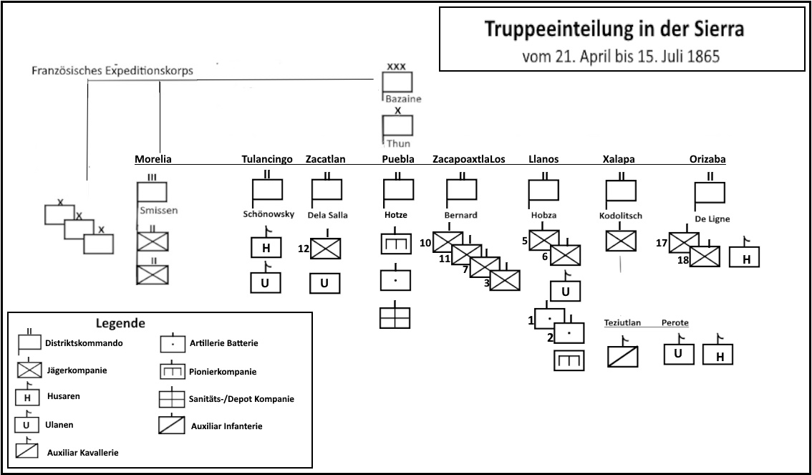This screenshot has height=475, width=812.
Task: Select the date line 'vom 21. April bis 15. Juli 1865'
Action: pos(621,55)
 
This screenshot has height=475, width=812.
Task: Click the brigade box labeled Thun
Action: pos(398,126)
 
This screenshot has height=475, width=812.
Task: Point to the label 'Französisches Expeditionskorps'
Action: pos(112,71)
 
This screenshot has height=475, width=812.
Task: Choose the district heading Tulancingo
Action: pos(267,159)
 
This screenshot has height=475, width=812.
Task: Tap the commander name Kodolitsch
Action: pos(621,215)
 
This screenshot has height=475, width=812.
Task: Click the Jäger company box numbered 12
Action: pos(326,248)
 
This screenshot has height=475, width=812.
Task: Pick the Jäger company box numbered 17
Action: pos(684,243)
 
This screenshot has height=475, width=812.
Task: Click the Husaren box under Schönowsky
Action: pos(265,247)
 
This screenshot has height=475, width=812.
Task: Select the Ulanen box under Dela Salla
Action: pos(324,283)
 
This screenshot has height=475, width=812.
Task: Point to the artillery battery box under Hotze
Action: pos(395,280)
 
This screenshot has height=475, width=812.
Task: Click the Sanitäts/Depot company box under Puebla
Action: pos(395,317)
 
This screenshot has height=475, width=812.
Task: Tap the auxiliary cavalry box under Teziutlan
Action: pos(622,356)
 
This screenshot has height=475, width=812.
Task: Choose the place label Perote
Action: pos(675,323)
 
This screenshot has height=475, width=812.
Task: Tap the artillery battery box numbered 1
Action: pos(549,318)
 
